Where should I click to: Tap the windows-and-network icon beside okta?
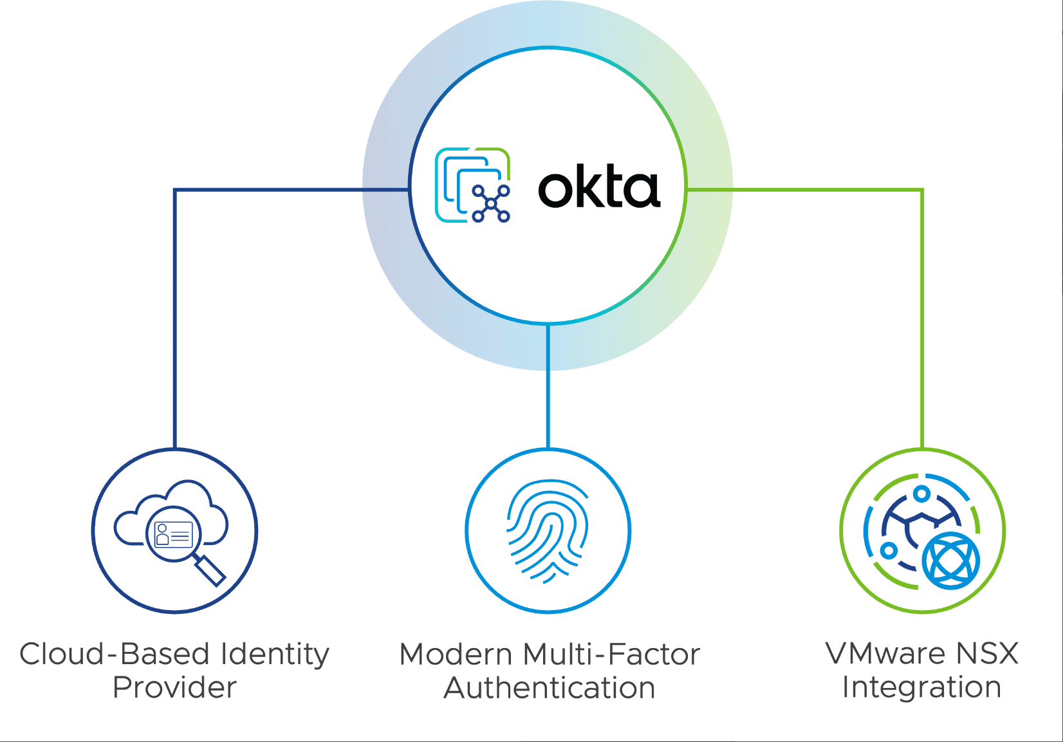473,185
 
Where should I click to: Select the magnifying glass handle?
210,570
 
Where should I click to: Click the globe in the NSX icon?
950,561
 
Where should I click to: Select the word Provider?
174,687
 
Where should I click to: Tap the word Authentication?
549,688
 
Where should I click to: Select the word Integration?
921,687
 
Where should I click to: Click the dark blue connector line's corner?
175,190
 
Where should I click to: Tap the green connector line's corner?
922,190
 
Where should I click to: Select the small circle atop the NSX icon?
922,494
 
